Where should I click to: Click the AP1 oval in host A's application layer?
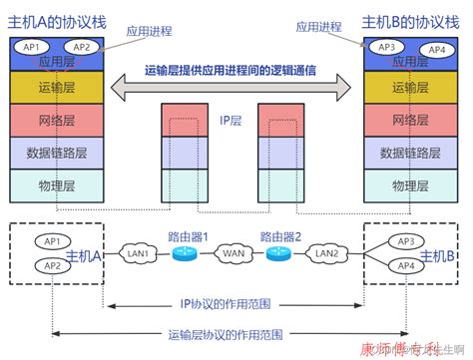click(30, 46)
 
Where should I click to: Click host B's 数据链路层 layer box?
click(410, 153)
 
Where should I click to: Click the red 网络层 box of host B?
click(410, 121)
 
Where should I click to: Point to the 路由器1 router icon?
click(186, 253)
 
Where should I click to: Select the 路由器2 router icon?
click(277, 253)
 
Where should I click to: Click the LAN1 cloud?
click(139, 254)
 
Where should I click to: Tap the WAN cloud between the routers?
click(232, 254)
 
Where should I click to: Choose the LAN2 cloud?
click(324, 254)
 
